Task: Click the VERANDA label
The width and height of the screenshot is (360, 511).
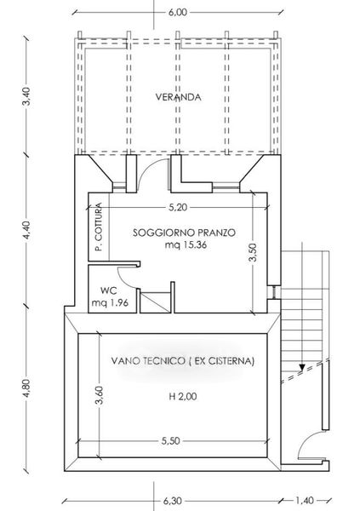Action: [x=178, y=97]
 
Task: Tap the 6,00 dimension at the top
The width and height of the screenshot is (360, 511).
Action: [x=178, y=12]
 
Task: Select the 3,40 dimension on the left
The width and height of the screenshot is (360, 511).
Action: [x=27, y=96]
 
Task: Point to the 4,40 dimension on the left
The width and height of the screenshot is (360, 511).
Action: [x=27, y=230]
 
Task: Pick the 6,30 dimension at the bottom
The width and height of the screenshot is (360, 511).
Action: [x=173, y=501]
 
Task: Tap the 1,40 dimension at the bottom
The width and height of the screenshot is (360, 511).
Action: [x=305, y=500]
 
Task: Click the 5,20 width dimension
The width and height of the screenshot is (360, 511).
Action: [x=178, y=207]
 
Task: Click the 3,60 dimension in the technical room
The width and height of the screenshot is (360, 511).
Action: [x=100, y=395]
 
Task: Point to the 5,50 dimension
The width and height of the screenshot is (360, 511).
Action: [x=171, y=441]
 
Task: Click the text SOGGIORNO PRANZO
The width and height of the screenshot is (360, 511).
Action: [x=184, y=233]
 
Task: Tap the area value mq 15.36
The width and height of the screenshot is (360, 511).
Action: [x=186, y=244]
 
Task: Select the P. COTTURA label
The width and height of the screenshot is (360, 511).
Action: [x=99, y=227]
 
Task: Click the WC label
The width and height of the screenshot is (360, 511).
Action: [x=108, y=290]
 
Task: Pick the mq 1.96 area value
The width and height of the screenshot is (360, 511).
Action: [x=110, y=302]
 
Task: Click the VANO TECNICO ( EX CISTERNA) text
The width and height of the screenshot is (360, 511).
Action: [x=183, y=361]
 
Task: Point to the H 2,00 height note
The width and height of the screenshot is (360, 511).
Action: [x=183, y=397]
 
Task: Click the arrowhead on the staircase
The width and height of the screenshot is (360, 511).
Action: [x=301, y=368]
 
